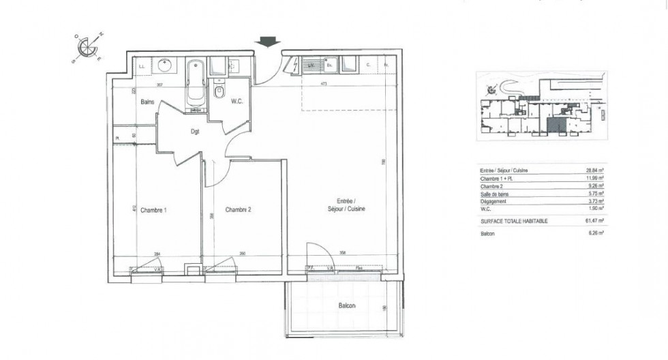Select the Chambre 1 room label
coord(153,211)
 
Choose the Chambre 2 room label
coord(239,210)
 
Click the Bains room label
coord(147,102)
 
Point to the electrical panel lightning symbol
coord(294,65)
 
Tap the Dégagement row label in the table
coord(494,202)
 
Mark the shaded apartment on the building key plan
coord(556,125)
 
